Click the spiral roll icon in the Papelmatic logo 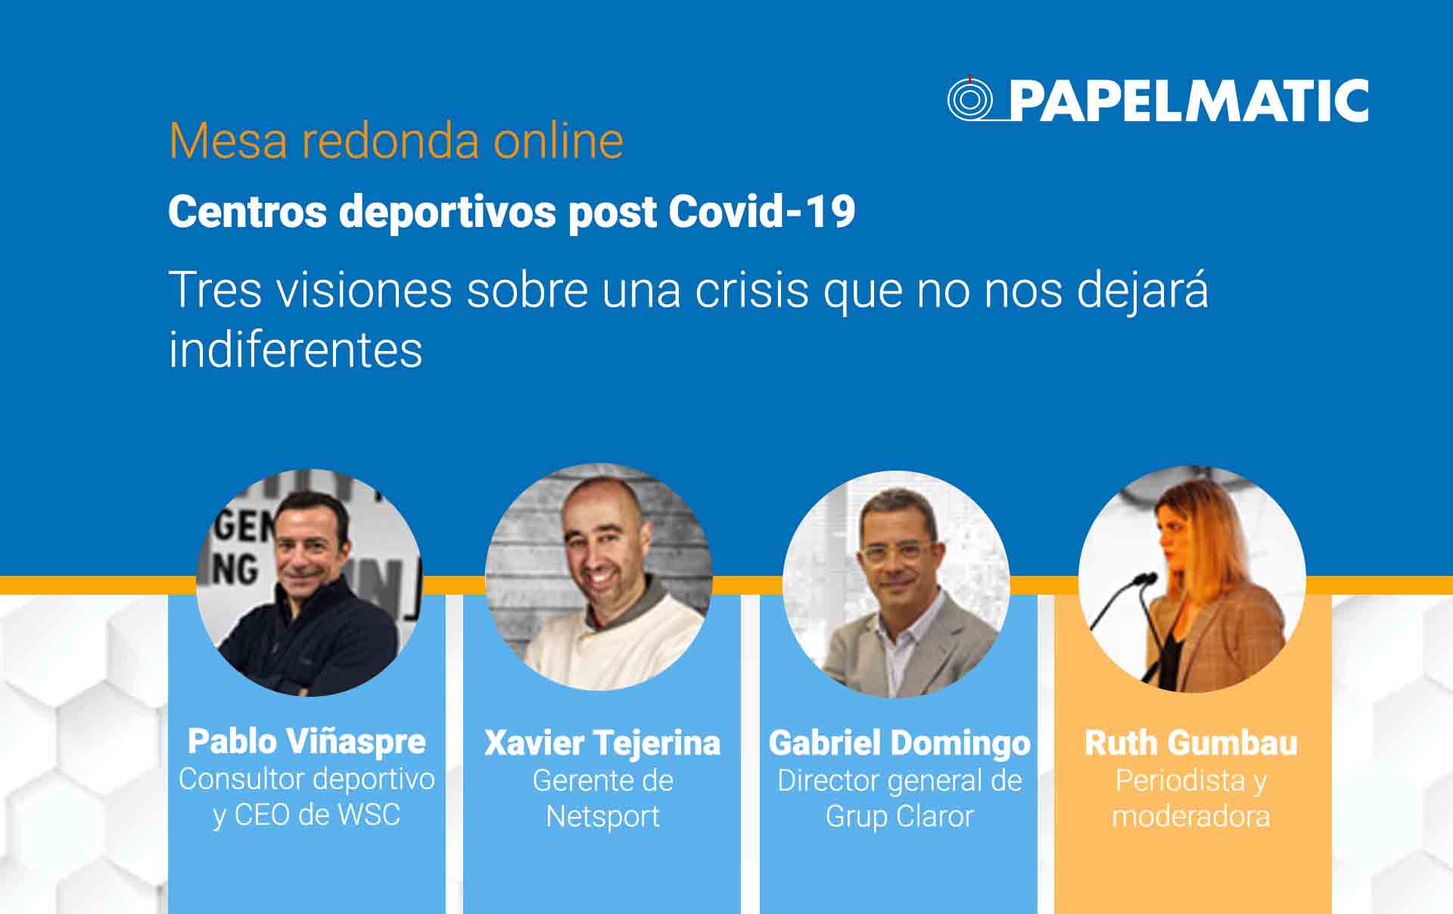click(970, 99)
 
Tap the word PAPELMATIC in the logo click(1190, 101)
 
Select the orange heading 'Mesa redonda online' click(396, 141)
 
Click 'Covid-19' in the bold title click(762, 211)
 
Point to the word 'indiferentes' click(295, 350)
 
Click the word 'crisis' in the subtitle click(751, 290)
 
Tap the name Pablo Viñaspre click(306, 741)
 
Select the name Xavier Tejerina click(602, 742)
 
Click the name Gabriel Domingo click(900, 742)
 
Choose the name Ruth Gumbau click(1191, 742)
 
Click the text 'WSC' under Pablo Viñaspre click(369, 815)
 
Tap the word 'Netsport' click(602, 816)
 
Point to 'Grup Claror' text click(900, 816)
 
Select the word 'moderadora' click(1191, 816)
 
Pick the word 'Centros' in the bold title click(247, 211)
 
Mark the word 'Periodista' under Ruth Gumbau click(1181, 780)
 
